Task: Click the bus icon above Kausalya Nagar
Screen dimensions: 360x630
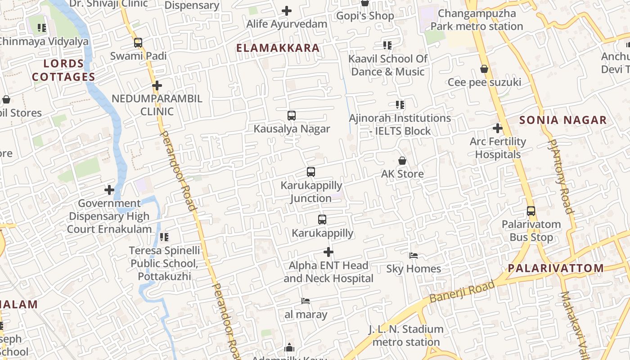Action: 292,116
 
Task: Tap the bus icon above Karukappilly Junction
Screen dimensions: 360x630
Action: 311,172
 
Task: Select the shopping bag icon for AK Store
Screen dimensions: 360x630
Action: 402,161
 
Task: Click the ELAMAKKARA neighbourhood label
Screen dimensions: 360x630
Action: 278,48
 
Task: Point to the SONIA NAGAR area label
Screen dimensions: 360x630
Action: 563,120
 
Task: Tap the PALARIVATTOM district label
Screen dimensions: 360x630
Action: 556,268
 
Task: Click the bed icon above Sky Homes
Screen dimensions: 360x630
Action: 414,256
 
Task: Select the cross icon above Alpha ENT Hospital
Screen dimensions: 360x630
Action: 328,252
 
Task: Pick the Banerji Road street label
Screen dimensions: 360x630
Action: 462,291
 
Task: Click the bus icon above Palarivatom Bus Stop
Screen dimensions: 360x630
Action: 531,211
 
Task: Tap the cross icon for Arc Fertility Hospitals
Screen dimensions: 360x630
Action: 497,128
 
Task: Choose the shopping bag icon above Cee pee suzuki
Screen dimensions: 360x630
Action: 484,69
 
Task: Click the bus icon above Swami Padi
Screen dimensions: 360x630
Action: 138,43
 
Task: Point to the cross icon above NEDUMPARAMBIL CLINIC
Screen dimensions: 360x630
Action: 157,85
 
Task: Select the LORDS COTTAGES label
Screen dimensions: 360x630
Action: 63,70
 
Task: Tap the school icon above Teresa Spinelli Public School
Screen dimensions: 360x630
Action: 164,237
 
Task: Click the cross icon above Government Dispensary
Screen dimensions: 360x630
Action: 109,190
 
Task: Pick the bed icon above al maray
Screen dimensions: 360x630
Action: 306,301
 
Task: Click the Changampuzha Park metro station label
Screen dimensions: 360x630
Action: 477,20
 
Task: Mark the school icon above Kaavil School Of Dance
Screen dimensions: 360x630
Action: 387,45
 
